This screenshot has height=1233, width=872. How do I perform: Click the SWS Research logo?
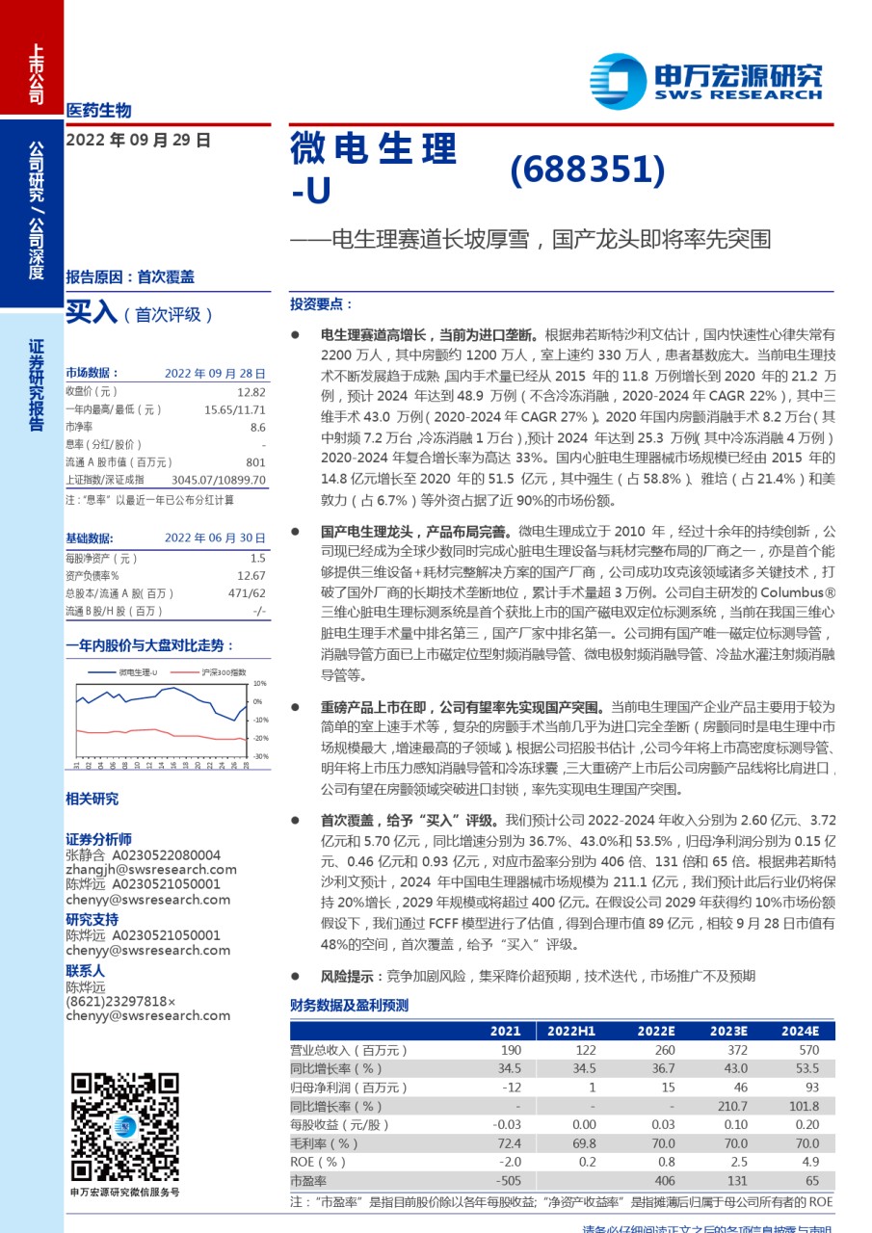[706, 83]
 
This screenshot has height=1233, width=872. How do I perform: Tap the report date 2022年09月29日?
[138, 140]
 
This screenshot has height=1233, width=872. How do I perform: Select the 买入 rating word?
[91, 313]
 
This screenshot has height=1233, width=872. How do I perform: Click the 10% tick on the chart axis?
[258, 683]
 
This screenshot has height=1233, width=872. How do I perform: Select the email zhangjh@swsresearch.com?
[145, 870]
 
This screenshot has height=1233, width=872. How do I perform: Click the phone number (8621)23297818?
[120, 1001]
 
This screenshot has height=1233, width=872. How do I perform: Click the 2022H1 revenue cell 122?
[585, 1050]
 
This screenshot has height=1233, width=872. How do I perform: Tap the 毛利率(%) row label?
[324, 1143]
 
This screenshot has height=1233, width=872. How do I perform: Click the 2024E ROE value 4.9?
[809, 1162]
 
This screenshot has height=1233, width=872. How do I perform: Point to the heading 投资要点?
[321, 303]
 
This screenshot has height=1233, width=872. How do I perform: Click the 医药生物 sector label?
[99, 110]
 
